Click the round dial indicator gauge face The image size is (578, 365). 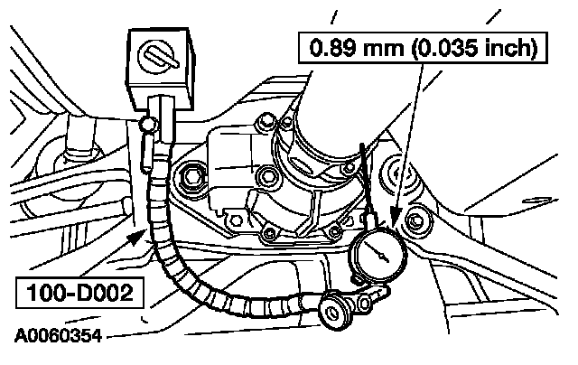[x=379, y=255]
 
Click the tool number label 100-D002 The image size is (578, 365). [x=79, y=293]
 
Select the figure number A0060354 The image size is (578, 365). [x=58, y=336]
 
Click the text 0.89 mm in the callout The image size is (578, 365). [x=357, y=48]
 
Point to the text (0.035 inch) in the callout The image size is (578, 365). [x=474, y=48]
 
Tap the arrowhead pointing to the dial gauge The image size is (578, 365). [x=396, y=217]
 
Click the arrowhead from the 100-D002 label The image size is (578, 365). [x=137, y=237]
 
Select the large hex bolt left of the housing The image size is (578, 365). [x=191, y=177]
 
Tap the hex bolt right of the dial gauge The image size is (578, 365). [x=416, y=222]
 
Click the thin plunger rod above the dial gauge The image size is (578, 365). [x=368, y=184]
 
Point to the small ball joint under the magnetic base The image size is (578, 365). [x=148, y=125]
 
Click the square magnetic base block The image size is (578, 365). [x=159, y=68]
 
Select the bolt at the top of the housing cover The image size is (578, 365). [x=266, y=123]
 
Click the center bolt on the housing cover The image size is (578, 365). [x=267, y=175]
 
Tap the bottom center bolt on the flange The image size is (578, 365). [x=270, y=233]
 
